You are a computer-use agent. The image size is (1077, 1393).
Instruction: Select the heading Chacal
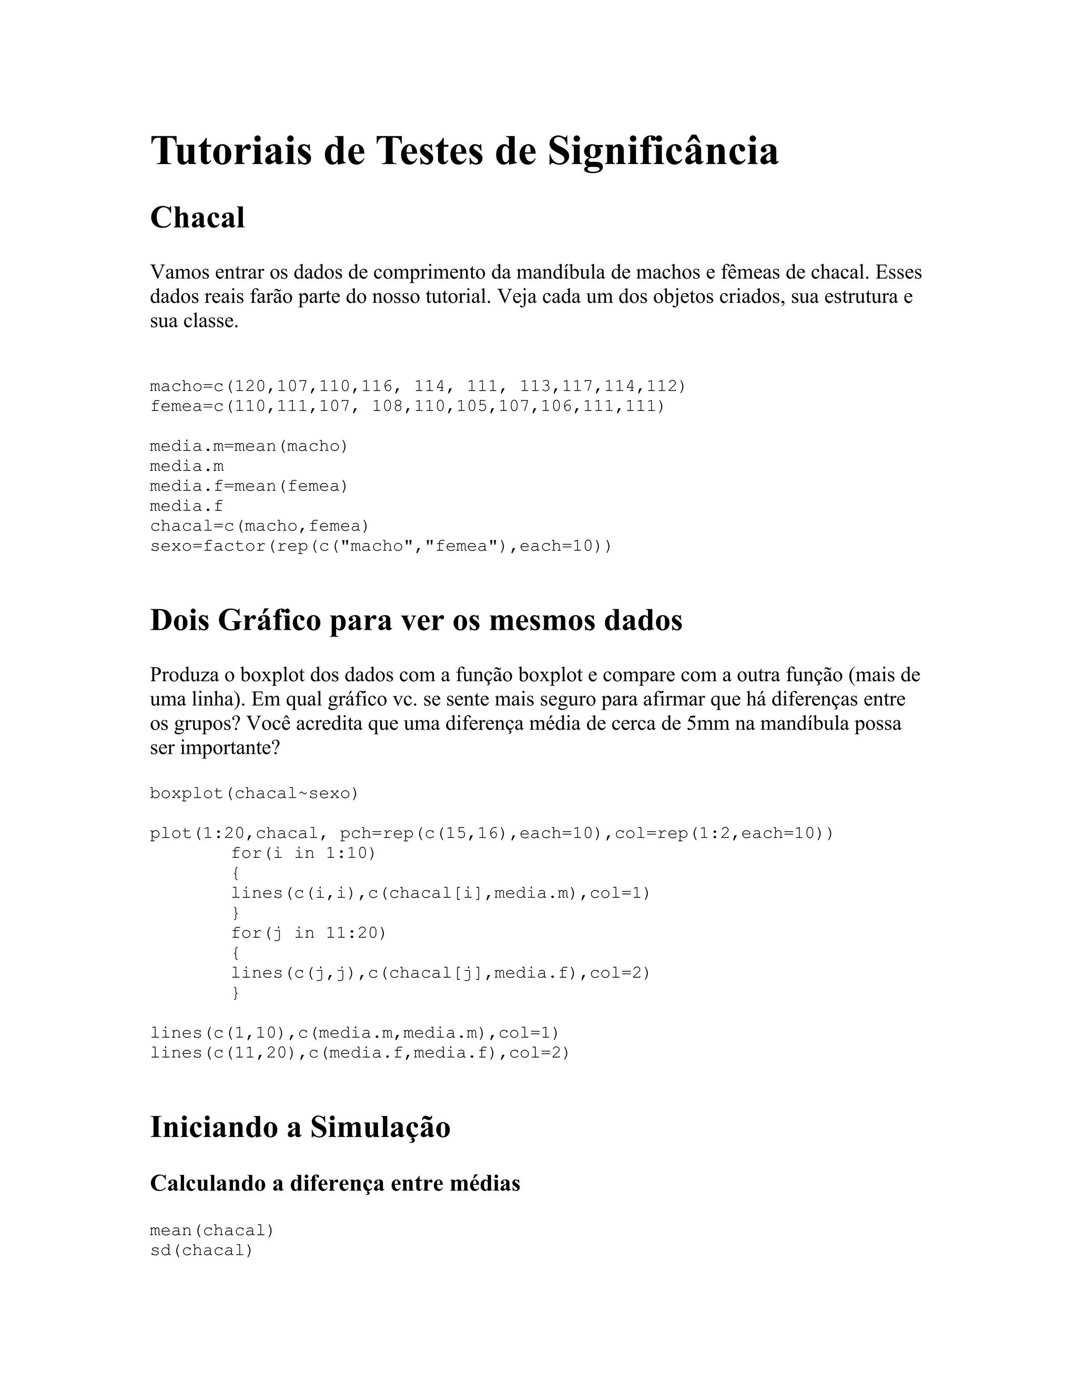[197, 218]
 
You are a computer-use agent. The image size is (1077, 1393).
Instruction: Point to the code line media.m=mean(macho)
[249, 446]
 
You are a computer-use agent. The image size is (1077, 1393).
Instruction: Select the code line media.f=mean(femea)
[249, 487]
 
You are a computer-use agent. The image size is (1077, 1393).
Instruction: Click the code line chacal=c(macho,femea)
[260, 526]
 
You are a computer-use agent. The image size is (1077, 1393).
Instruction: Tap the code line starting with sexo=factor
[380, 547]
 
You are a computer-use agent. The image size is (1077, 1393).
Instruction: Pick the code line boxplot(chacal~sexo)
[255, 793]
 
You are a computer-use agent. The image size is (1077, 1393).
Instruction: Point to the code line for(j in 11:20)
[309, 933]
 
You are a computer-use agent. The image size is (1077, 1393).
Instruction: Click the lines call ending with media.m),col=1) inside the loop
[440, 894]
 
